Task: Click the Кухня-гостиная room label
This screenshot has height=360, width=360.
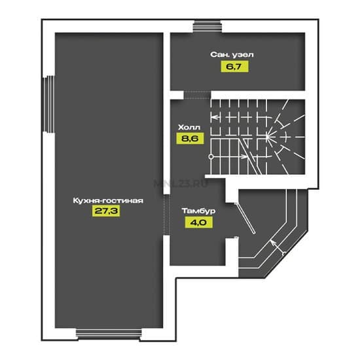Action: tap(108, 200)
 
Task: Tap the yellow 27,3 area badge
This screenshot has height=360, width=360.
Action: tap(106, 211)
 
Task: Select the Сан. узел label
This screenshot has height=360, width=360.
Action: tap(232, 54)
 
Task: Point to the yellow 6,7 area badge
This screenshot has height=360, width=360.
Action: tap(234, 67)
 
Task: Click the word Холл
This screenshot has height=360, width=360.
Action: tap(189, 127)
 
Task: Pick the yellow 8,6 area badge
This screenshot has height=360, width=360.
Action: tap(190, 139)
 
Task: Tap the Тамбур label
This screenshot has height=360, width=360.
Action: tap(198, 211)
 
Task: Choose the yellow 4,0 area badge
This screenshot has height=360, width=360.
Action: tap(198, 223)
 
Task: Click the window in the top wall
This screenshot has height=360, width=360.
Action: tap(207, 26)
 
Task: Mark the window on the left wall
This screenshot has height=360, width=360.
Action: tap(49, 104)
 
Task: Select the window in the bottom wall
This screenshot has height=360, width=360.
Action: tap(109, 334)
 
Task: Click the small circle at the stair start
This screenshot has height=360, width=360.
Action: tap(211, 157)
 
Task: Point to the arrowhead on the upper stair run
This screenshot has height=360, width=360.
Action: tap(213, 117)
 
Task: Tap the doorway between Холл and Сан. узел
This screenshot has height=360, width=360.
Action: tap(197, 95)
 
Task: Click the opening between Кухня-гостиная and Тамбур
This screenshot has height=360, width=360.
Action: tap(166, 215)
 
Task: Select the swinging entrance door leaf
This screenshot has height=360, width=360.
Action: tap(245, 219)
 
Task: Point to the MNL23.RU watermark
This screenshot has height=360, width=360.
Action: tap(181, 183)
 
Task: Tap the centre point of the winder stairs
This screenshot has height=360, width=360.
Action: tap(268, 137)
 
